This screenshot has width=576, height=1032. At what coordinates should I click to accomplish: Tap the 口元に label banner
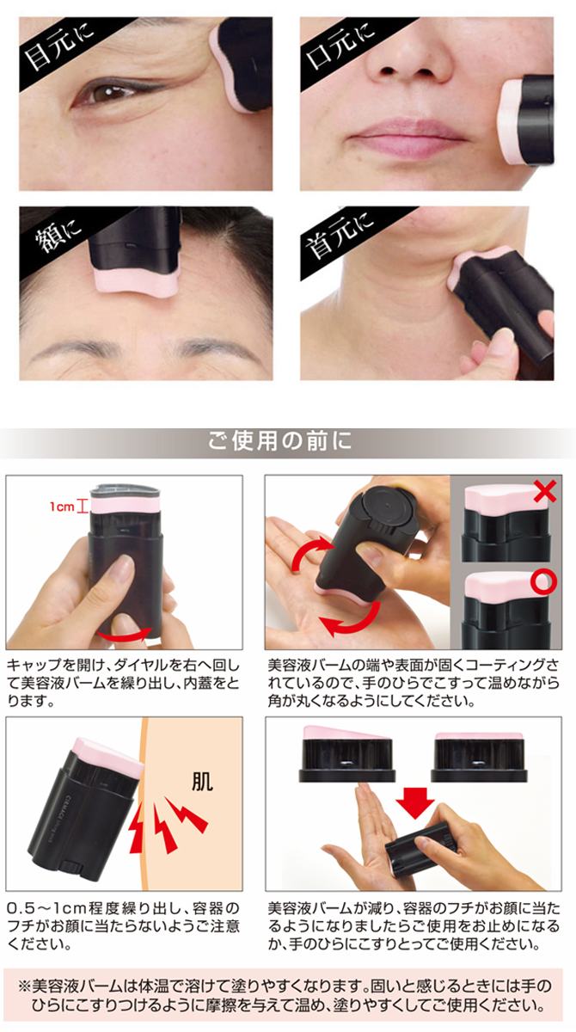pos(345,47)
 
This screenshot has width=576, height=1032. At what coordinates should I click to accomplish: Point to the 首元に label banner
pos(340,237)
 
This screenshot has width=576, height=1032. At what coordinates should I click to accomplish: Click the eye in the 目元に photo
pos(107,93)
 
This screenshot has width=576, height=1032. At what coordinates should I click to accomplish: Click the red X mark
pos(543,492)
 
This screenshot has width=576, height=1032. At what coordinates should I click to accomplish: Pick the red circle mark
pos(542,583)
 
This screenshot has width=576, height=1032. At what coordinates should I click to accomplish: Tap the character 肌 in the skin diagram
pos(203,783)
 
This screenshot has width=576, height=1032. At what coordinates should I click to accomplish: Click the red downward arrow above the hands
pos(416,805)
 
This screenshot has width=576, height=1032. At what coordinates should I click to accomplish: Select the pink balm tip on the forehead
pos(134,279)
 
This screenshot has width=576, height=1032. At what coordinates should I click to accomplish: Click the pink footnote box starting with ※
pos(288,994)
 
